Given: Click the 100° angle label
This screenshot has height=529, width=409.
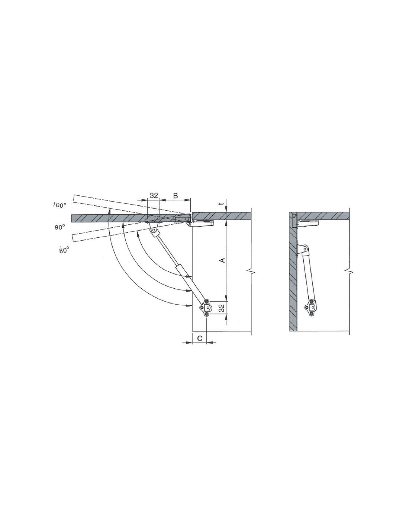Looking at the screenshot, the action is pyautogui.click(x=59, y=205).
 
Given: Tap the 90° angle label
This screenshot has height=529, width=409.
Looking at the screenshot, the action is pyautogui.click(x=59, y=227).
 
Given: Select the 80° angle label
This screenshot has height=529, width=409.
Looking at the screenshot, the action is pyautogui.click(x=64, y=250).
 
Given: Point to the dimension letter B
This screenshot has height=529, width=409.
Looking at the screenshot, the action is pyautogui.click(x=175, y=195).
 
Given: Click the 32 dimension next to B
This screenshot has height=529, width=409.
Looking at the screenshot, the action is pyautogui.click(x=154, y=195).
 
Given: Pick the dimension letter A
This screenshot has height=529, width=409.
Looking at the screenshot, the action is pyautogui.click(x=222, y=261).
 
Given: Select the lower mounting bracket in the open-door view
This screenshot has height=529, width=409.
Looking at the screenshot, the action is pyautogui.click(x=206, y=308).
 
